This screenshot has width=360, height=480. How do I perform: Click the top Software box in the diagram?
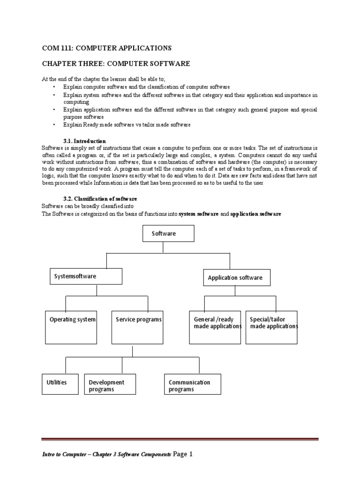tap(167, 233)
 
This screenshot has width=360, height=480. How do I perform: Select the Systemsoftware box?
tap(86, 277)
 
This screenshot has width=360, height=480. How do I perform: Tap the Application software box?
tap(237, 277)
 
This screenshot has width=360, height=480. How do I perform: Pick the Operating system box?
tap(73, 327)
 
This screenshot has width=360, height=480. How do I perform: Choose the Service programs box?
tap(138, 327)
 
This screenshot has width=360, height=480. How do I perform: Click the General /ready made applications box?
tap(215, 327)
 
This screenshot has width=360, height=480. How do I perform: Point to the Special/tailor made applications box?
tap(271, 327)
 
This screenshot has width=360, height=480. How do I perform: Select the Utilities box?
tap(60, 383)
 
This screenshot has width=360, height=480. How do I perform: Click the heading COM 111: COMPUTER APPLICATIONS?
tap(107, 48)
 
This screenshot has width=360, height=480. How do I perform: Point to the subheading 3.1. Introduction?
tap(84, 141)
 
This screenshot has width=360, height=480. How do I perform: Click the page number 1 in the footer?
tap(190, 454)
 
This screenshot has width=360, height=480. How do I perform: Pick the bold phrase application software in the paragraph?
tap(256, 214)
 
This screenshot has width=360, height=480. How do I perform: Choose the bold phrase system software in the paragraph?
tap(199, 214)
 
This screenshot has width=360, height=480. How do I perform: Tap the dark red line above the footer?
tap(180, 439)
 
